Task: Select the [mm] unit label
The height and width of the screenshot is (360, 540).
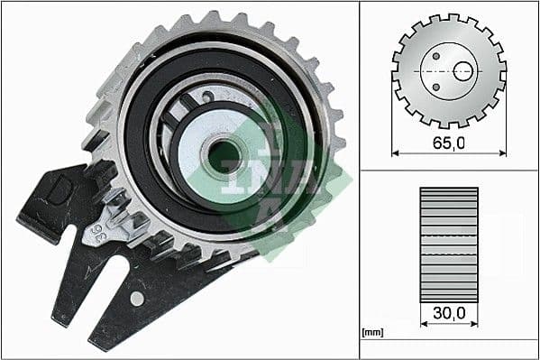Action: coord(371,332)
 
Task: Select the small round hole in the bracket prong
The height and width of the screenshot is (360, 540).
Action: coord(136,297)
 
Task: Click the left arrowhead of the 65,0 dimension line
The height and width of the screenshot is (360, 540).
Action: coord(396,153)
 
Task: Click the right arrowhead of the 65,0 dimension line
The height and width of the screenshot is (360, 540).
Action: coord(502,153)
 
